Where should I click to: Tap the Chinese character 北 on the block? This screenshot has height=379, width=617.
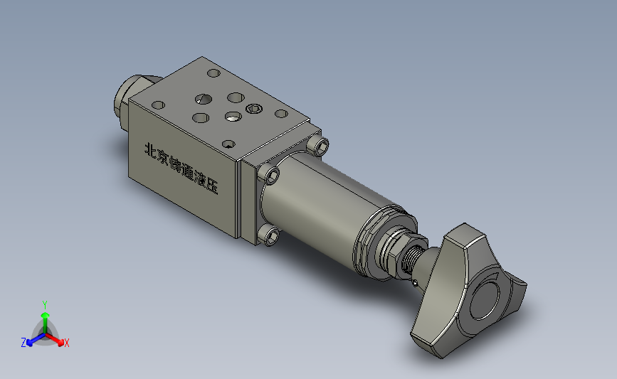tap(151, 150)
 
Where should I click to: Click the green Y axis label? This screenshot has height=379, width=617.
tap(45, 304)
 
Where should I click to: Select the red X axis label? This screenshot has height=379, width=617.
tap(67, 343)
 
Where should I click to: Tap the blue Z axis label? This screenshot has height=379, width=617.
tap(23, 343)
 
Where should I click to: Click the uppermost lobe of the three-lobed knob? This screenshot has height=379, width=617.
tap(466, 237)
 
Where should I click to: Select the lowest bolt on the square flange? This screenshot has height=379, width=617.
tap(268, 235)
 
